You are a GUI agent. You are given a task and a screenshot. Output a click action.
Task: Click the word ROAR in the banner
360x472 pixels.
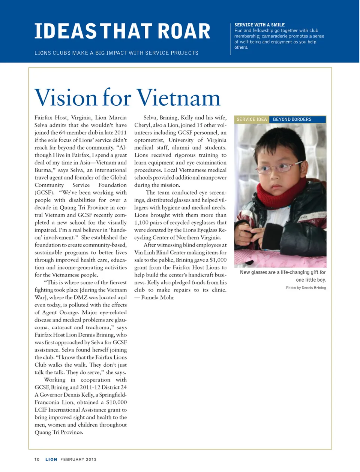[x=184, y=31]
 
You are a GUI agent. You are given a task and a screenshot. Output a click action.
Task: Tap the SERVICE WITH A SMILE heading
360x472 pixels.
[x=259, y=25]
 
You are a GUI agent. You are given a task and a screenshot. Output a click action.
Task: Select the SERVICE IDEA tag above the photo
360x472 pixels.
[x=252, y=119]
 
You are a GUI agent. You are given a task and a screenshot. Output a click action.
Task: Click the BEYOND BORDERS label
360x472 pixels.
[x=292, y=119]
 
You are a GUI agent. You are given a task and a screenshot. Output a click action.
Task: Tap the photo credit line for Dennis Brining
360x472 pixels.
[x=306, y=288]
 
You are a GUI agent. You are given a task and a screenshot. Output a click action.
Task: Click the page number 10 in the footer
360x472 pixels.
[x=37, y=459]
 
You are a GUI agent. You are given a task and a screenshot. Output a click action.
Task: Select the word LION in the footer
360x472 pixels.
[x=51, y=459]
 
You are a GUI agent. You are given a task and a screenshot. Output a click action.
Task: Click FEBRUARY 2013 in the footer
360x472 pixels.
[x=78, y=459]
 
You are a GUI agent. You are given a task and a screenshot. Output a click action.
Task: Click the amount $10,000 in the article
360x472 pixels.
[x=116, y=402]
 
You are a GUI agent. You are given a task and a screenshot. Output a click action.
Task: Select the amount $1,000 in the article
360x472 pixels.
[x=218, y=260]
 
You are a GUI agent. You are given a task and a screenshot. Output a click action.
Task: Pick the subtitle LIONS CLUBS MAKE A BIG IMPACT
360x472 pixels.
[x=116, y=53]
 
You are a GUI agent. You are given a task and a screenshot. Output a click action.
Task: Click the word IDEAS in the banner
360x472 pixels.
[x=66, y=31]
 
